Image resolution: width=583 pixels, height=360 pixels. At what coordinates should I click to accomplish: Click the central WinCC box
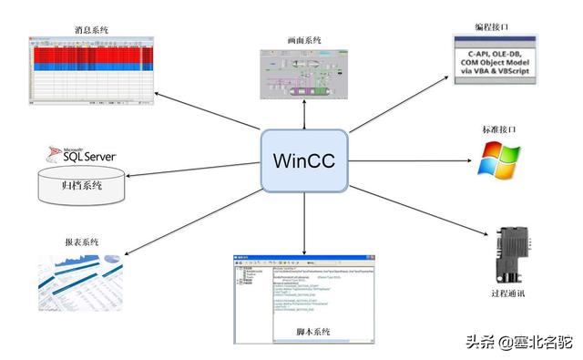305,160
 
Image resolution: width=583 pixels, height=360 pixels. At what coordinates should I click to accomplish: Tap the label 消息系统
90,30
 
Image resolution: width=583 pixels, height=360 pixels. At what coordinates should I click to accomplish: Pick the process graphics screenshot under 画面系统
303,77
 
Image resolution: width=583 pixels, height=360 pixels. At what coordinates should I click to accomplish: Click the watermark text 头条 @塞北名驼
518,343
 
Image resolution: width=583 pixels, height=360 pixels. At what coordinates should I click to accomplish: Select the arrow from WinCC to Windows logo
414,162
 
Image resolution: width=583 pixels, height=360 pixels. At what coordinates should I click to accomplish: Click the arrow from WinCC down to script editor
304,223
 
